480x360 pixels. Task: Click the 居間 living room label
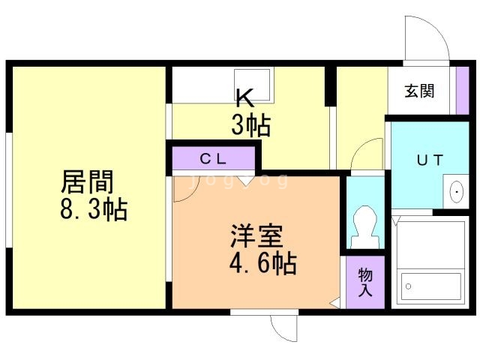(x=88, y=181)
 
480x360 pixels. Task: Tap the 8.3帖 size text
(x=94, y=209)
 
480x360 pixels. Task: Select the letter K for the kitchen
(x=245, y=98)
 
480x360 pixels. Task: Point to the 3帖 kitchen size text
(x=251, y=125)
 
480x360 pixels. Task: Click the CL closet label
(x=213, y=158)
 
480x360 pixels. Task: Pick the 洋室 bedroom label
(x=256, y=235)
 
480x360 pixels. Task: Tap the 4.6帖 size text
(x=262, y=262)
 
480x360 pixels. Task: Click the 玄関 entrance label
(x=419, y=91)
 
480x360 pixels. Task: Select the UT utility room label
(x=430, y=160)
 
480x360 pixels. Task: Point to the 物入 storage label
(x=365, y=282)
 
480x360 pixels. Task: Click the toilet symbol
(x=365, y=226)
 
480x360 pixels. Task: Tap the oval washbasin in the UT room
(x=457, y=192)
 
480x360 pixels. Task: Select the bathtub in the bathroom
(x=431, y=286)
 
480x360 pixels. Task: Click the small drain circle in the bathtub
(x=408, y=286)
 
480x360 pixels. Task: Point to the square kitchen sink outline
(x=252, y=85)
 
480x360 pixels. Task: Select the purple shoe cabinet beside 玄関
(x=463, y=90)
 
